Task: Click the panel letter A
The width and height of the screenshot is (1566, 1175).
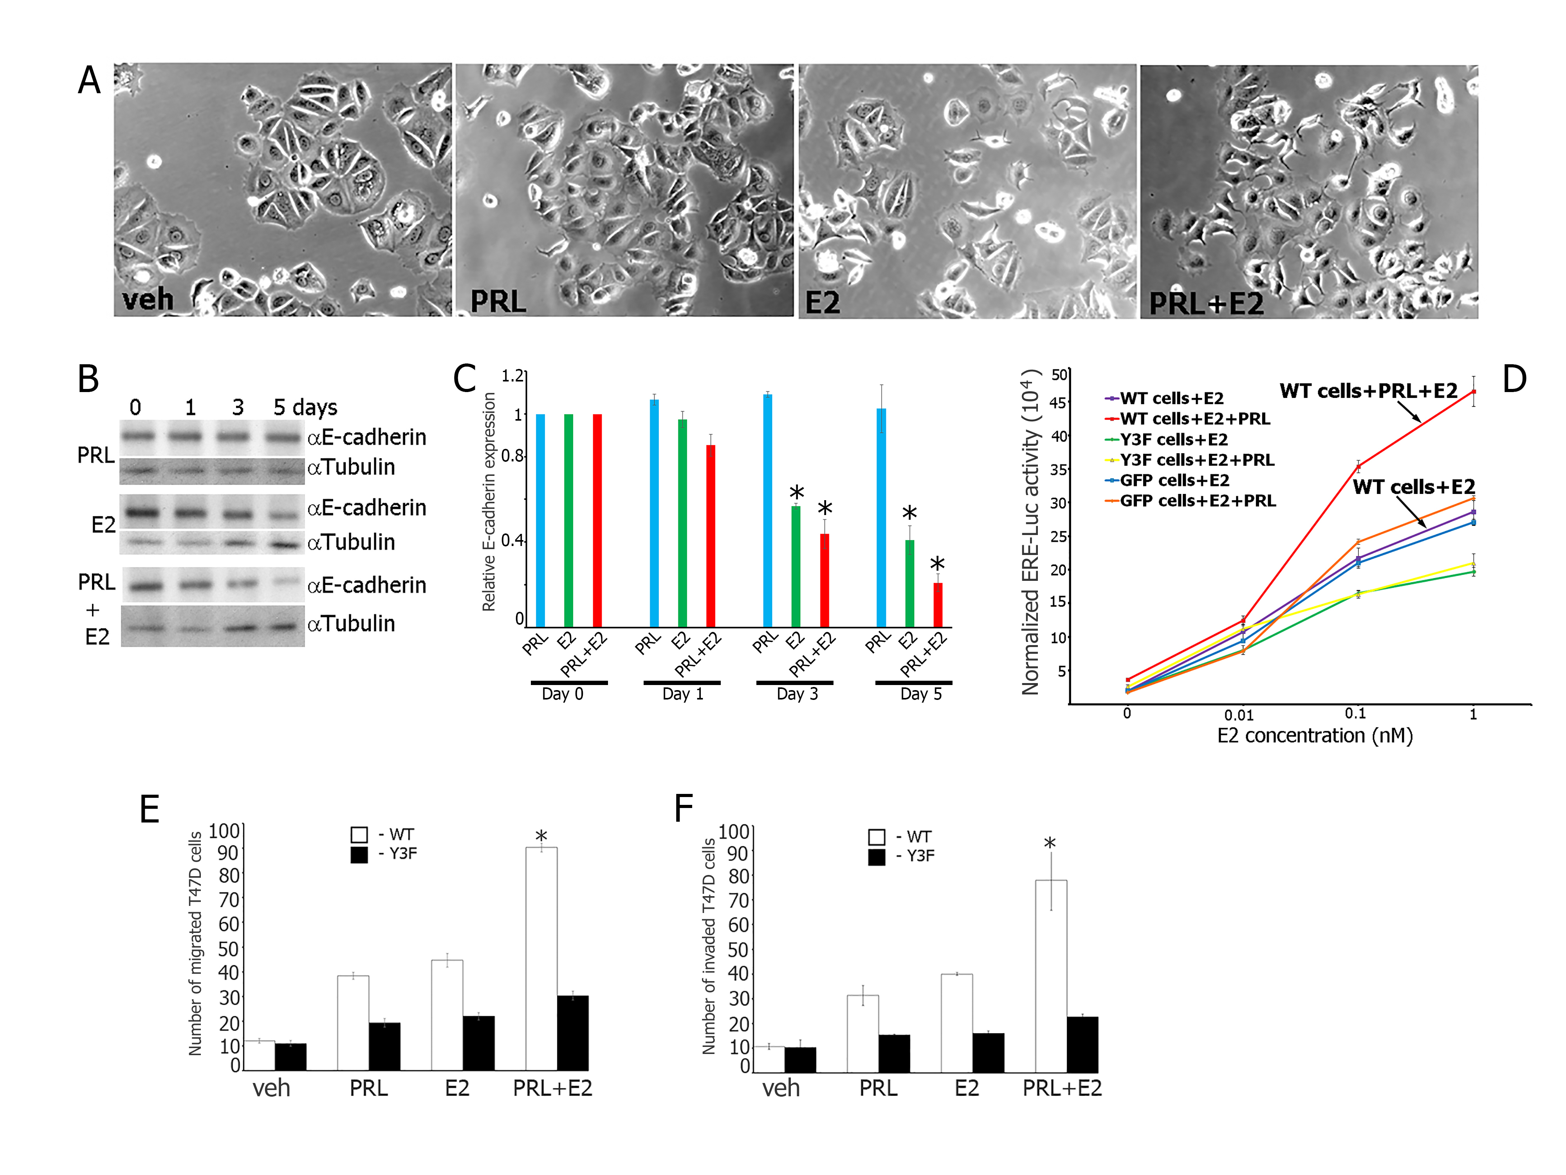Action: [x=89, y=80]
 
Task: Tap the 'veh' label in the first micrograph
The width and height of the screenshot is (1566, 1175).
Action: [x=148, y=299]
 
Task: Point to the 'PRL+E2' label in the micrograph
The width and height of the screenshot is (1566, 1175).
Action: [x=1206, y=303]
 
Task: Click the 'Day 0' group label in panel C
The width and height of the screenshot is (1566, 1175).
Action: [x=563, y=694]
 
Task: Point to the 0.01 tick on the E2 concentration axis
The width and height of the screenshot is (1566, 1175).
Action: [x=1239, y=715]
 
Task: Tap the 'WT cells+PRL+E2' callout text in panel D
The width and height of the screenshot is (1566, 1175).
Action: [x=1368, y=391]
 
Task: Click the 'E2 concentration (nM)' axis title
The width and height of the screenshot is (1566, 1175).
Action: [x=1315, y=736]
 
